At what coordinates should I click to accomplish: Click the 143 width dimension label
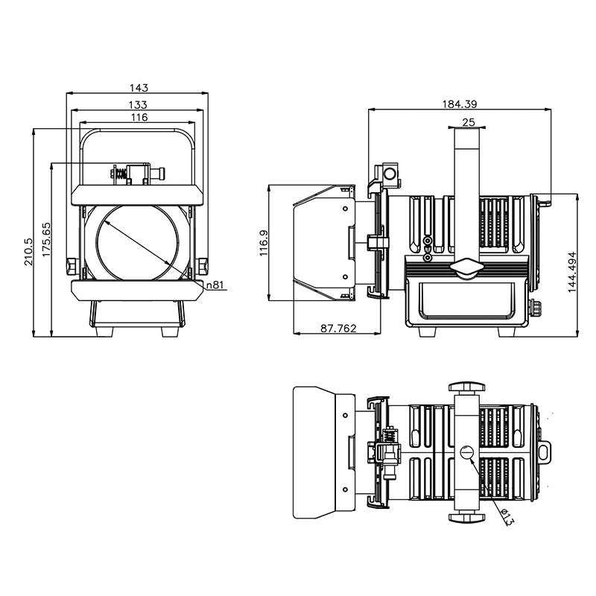click(x=139, y=88)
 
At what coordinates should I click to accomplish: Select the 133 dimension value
click(x=138, y=104)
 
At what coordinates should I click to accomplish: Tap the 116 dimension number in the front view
click(x=139, y=117)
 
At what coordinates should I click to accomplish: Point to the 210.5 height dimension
click(x=28, y=251)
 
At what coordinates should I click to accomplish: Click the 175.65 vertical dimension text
click(x=46, y=239)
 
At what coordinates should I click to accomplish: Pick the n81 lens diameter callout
click(x=215, y=285)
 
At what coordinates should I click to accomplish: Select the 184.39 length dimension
click(x=460, y=104)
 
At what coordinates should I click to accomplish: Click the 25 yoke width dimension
click(x=469, y=122)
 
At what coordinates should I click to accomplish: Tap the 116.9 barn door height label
click(x=264, y=244)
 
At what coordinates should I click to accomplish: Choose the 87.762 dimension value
click(x=338, y=328)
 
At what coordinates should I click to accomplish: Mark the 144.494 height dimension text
click(x=572, y=272)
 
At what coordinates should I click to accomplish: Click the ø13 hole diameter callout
click(x=507, y=517)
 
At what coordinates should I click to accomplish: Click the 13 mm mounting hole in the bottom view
click(x=467, y=453)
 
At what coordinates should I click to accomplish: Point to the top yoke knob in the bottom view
click(x=466, y=387)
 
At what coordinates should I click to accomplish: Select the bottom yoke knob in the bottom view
click(x=466, y=517)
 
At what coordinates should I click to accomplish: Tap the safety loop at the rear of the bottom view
click(x=545, y=452)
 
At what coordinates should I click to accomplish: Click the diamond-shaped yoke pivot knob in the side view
click(x=466, y=268)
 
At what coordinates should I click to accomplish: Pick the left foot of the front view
click(x=104, y=332)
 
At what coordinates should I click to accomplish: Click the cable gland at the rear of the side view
click(x=536, y=307)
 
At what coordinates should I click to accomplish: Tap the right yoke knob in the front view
click(x=202, y=266)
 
